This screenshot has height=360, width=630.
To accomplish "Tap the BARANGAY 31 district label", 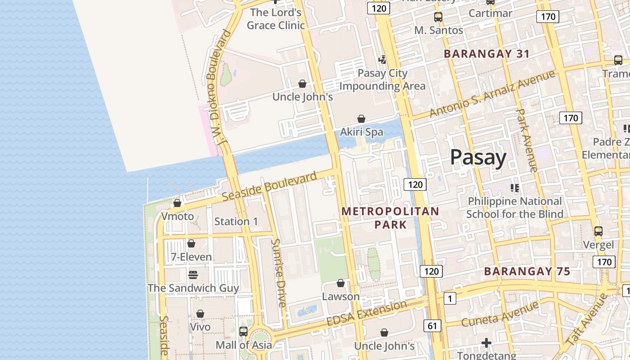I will point(486,54).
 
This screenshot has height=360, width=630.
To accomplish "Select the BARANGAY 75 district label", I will point(527,271).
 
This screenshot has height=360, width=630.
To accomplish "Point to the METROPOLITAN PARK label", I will point(390,217).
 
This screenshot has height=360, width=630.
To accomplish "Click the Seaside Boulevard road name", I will point(270,187).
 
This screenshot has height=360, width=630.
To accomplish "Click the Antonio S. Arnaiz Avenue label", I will point(492,94).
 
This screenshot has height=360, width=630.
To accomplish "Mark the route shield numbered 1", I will point(450,298).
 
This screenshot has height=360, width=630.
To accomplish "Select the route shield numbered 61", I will point(432,326).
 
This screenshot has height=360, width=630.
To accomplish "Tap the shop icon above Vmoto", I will point(177,203).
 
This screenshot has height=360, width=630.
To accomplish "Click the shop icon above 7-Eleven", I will point(191,243).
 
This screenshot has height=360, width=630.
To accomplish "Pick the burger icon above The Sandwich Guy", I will point(193,274).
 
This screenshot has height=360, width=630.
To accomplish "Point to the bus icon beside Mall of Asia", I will point(243,332).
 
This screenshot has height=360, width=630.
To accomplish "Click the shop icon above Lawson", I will point(341,283).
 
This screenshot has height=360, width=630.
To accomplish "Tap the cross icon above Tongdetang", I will point(486,343).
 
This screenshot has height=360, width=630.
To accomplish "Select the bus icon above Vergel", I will point(598,231).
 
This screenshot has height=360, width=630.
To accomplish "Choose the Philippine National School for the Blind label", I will point(515,207).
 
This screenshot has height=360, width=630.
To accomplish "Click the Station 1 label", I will point(236,221).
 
